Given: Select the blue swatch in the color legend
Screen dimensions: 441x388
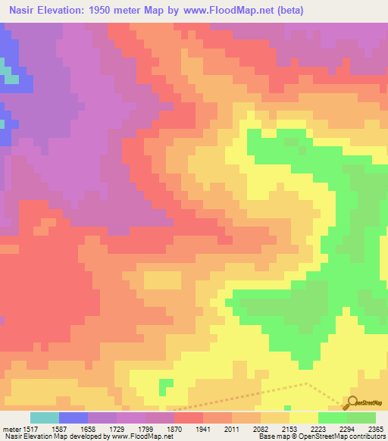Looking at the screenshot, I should pyautogui.click(x=74, y=418).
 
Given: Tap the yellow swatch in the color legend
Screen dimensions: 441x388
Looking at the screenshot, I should pyautogui.click(x=304, y=418).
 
